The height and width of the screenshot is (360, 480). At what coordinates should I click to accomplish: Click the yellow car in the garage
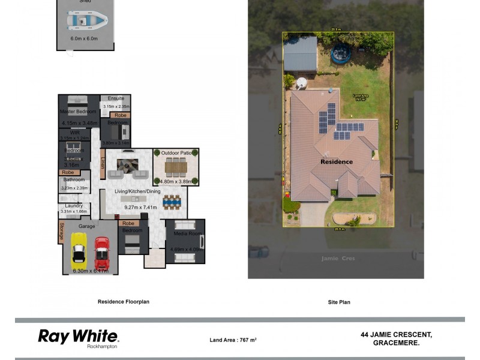pos(79,251)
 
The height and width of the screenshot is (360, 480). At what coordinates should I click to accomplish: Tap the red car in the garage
pos(102,253)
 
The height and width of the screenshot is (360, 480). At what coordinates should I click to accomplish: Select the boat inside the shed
pos(88,21)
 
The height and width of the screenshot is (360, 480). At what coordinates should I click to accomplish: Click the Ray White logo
pos(78,337)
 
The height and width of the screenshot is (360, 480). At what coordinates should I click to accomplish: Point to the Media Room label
pos(186,233)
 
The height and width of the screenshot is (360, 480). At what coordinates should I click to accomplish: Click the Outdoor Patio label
pos(176,152)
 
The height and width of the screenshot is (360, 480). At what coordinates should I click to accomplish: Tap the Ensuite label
pos(116,98)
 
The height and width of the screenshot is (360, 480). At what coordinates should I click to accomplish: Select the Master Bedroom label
pos(78,112)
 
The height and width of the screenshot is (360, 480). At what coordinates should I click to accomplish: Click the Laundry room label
pos(74,206)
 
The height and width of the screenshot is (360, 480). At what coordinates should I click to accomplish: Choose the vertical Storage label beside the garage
pos(61,232)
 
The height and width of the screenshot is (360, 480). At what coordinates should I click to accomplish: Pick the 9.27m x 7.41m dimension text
pos(140,208)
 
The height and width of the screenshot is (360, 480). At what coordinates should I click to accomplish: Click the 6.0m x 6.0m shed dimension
pos(85,38)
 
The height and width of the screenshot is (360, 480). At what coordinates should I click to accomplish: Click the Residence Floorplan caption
pos(124,302)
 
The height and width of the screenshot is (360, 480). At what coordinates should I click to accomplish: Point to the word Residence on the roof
pos(337,162)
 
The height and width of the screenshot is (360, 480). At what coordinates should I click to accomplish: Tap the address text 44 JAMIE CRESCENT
pos(396,334)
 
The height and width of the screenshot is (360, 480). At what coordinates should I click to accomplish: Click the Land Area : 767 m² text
pos(233,340)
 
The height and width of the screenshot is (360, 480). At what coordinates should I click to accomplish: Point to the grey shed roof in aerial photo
pos(300,54)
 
